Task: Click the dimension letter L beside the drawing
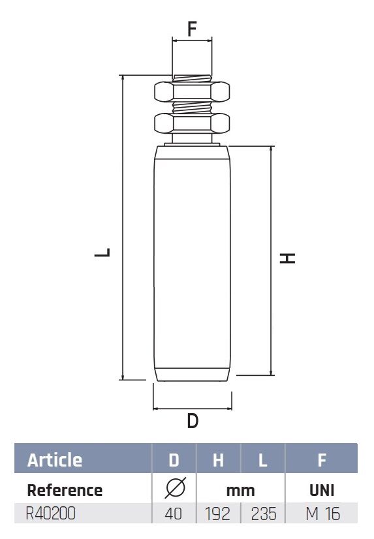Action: tap(102, 253)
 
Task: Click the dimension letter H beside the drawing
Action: tap(287, 258)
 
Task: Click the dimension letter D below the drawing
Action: tap(193, 420)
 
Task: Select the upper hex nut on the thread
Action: tap(192, 91)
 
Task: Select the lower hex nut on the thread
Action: tap(192, 123)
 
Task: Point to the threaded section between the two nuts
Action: tap(192, 108)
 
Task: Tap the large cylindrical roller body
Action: tap(192, 264)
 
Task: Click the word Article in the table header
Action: tap(55, 460)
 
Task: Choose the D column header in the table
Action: tap(174, 460)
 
